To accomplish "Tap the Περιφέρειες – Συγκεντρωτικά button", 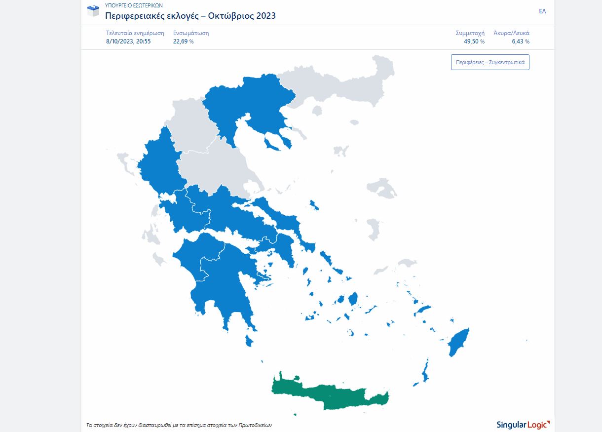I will click(x=490, y=62).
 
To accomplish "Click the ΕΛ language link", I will click(x=542, y=11).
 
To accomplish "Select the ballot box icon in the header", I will click(x=93, y=10).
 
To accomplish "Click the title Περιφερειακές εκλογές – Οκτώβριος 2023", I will click(x=190, y=16).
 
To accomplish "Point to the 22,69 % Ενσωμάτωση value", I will click(x=183, y=41).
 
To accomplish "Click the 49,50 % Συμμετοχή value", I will click(x=474, y=41).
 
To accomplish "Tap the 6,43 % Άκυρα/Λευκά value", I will click(x=520, y=41).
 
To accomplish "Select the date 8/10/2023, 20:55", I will click(x=128, y=41).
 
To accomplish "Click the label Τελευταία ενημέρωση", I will click(x=135, y=33).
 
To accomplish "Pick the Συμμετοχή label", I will click(x=470, y=33).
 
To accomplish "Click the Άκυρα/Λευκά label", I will click(x=511, y=33).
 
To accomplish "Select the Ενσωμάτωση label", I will click(x=191, y=33).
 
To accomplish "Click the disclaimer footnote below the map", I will click(x=179, y=425).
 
